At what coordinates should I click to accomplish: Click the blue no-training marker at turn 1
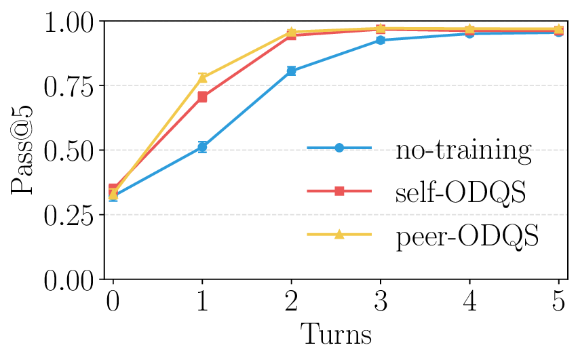(202, 146)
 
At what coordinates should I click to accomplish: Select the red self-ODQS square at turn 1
(202, 97)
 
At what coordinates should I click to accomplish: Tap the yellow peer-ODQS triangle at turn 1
(202, 78)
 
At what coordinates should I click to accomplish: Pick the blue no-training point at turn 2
(291, 71)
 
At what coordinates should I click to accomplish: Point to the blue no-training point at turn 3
(381, 41)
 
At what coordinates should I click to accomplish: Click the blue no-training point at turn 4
(469, 33)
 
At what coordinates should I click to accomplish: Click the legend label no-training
(463, 150)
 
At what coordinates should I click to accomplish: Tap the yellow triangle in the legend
(340, 235)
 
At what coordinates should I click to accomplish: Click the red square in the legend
(340, 193)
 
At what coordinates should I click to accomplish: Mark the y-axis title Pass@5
(23, 150)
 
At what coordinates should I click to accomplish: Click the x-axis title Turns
(336, 334)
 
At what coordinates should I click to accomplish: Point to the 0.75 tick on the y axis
(66, 86)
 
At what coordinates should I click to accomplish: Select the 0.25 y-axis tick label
(66, 215)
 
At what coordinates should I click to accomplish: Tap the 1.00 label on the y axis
(66, 22)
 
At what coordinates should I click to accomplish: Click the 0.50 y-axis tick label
(66, 151)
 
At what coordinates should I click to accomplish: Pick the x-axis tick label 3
(381, 301)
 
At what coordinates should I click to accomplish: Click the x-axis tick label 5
(558, 301)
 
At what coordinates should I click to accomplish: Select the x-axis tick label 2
(291, 301)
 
